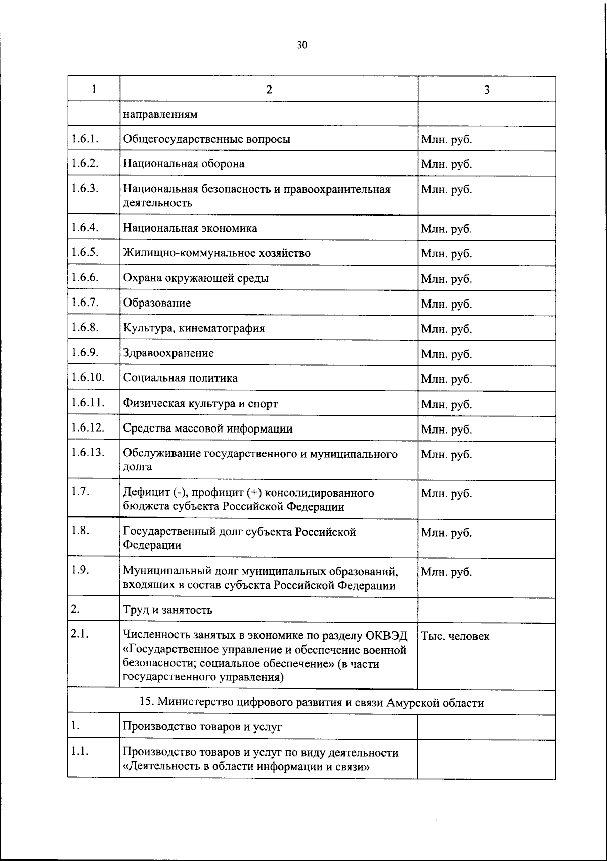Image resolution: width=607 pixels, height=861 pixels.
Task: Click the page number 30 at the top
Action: tap(302, 45)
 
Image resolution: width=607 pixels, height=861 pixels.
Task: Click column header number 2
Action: tap(269, 90)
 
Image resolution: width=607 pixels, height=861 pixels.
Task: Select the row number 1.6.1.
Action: tap(84, 138)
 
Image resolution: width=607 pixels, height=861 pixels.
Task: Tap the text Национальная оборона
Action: tap(184, 164)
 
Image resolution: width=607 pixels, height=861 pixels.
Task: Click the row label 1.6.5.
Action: tap(84, 252)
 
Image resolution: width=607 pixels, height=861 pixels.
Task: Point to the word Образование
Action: tap(157, 303)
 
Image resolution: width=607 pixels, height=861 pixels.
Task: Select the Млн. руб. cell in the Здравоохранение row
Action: tap(446, 354)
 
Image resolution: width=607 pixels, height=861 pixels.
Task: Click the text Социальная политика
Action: tap(181, 378)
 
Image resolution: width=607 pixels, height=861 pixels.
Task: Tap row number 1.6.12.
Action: tap(88, 427)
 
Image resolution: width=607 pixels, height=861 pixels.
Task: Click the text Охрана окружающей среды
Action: tap(196, 278)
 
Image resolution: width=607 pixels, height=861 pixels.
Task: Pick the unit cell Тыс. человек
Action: tap(455, 636)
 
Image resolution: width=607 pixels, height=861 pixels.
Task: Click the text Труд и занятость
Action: tap(167, 610)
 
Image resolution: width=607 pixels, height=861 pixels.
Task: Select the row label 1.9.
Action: tap(80, 570)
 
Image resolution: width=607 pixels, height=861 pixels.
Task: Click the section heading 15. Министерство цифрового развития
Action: tap(311, 703)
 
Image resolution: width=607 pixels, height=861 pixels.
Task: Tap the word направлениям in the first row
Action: tap(160, 114)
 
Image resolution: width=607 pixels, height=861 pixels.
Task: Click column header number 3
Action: tap(487, 90)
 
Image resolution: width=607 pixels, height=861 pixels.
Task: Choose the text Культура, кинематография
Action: tap(194, 328)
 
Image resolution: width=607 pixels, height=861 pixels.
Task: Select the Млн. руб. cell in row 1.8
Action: tap(446, 533)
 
